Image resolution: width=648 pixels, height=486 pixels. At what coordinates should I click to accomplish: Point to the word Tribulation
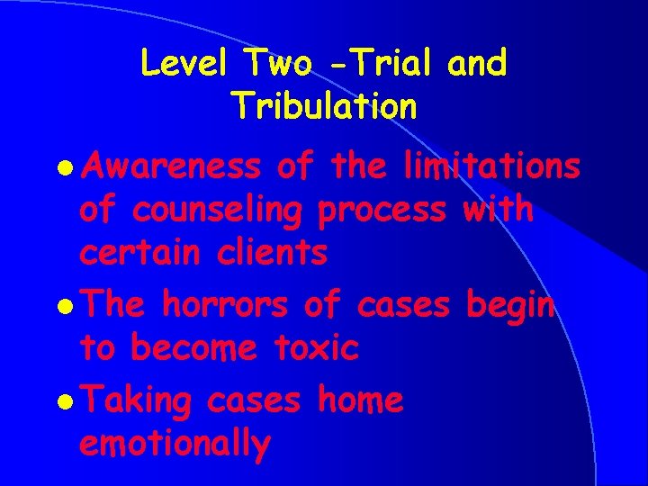tap(324, 106)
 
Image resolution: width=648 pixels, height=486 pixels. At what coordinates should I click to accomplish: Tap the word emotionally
tap(175, 445)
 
